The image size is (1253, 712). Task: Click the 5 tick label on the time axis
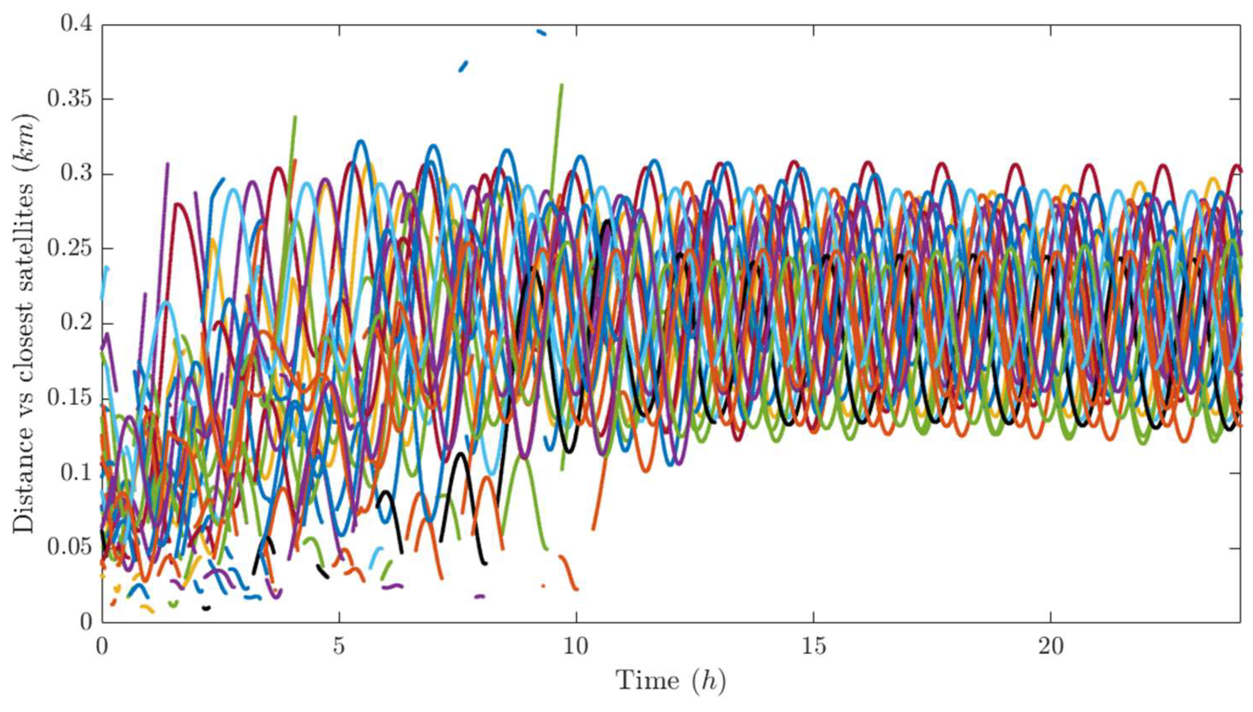(x=339, y=647)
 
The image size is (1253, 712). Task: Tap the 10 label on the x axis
(x=576, y=647)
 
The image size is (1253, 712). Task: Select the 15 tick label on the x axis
(x=813, y=647)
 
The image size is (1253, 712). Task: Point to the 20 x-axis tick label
(x=1050, y=647)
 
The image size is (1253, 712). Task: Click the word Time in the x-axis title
(x=648, y=681)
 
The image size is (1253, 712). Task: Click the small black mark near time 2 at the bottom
(x=207, y=608)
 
